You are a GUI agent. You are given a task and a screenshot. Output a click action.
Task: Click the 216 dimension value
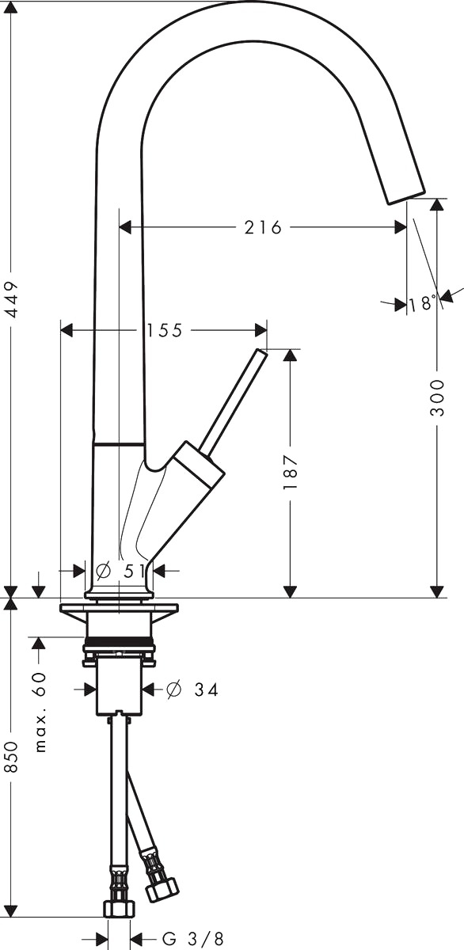263,228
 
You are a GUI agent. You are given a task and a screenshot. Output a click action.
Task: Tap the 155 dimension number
164,330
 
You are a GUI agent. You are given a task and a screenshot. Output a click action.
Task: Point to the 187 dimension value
291,473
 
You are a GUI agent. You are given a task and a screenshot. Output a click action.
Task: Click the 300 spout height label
437,397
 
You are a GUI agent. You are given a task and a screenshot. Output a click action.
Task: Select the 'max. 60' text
40,712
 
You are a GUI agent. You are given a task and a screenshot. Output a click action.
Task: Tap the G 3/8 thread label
192,938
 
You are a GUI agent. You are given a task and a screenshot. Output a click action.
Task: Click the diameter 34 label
192,690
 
